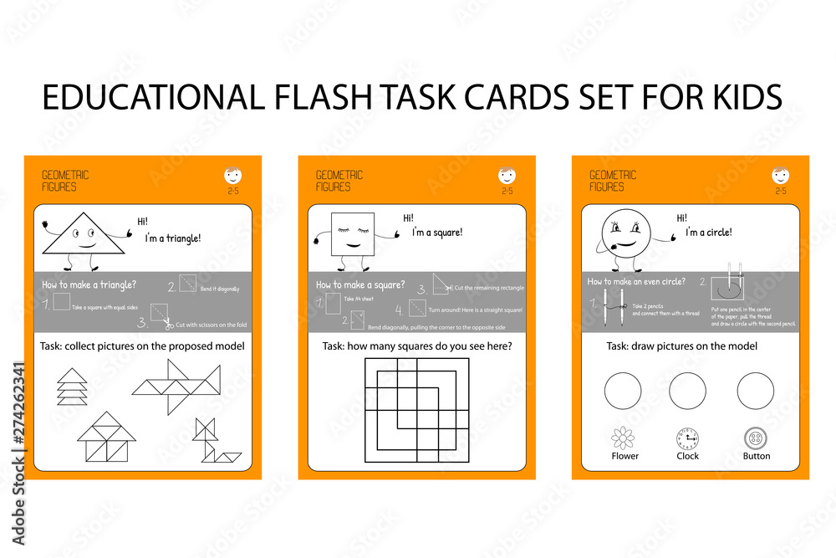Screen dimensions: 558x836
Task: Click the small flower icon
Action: coord(624,438)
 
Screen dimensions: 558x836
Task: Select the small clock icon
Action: coord(687,438)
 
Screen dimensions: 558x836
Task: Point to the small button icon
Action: coord(756,438)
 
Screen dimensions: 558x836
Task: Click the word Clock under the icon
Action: coord(688,457)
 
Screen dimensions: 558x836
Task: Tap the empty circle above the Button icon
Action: coord(756,391)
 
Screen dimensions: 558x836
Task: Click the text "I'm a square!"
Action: coord(437,233)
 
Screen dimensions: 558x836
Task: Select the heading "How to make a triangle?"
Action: coord(89,285)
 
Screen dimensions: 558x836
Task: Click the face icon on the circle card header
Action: coord(780,176)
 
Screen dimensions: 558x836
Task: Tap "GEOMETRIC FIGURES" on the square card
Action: coord(339,181)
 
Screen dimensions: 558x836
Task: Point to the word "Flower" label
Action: coord(624,457)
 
